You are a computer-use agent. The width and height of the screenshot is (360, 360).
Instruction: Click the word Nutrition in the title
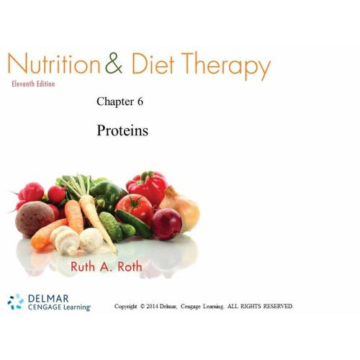53,63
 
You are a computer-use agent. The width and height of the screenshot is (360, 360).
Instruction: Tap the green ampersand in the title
114,63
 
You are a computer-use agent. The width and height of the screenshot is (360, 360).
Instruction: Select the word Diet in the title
153,63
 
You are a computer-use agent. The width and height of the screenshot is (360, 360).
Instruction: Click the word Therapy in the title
226,66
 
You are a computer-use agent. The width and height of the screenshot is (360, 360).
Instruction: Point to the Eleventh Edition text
33,84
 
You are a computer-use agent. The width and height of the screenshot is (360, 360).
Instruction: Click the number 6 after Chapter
140,102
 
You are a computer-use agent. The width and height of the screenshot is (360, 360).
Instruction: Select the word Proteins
122,130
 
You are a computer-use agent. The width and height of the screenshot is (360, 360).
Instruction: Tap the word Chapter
115,102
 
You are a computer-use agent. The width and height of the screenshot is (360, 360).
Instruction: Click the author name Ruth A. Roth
107,266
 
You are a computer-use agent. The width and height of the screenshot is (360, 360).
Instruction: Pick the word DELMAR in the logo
48,299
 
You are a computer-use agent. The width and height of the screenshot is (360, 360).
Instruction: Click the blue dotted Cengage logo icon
16,302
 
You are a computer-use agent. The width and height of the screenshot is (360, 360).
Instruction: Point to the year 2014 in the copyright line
152,306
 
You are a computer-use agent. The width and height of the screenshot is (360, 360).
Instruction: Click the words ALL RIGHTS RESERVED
260,306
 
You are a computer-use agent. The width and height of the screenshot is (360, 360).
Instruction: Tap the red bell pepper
148,186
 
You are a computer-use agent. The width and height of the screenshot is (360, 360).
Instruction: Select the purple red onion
166,224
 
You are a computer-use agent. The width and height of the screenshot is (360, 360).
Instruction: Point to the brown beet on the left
35,218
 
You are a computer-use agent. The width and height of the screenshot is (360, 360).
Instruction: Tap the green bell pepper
107,194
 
